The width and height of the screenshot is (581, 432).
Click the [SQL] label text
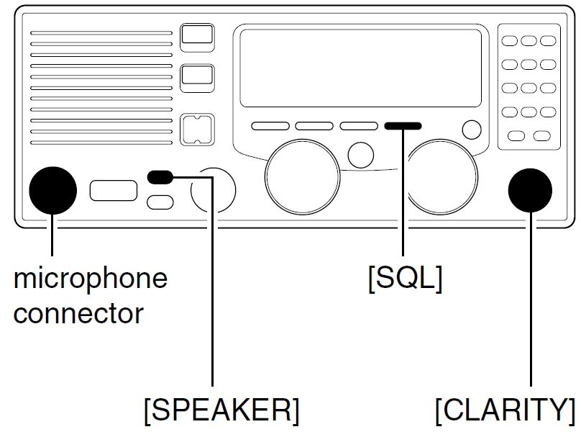point(406,279)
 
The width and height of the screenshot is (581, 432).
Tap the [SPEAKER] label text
point(221,410)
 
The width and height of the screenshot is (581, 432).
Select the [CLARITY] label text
point(505,410)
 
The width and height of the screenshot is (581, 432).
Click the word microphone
point(91,279)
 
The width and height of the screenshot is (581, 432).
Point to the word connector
point(78,313)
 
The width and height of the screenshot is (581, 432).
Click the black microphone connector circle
point(52,190)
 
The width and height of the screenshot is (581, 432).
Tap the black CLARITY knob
point(530,190)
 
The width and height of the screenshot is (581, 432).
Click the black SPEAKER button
point(160,177)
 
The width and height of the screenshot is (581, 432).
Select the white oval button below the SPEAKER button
point(160,202)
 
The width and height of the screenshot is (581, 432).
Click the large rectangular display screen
point(360,68)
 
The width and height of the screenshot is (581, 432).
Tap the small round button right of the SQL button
point(472,130)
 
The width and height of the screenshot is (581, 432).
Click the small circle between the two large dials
point(360,155)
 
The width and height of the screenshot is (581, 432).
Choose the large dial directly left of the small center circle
point(302,176)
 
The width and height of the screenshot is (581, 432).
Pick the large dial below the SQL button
point(443,176)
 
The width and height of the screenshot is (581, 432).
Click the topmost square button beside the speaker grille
point(197,37)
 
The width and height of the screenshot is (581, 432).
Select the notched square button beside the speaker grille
point(197,130)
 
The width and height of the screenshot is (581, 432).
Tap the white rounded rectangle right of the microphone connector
point(114,190)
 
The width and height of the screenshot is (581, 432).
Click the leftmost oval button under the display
point(270,126)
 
